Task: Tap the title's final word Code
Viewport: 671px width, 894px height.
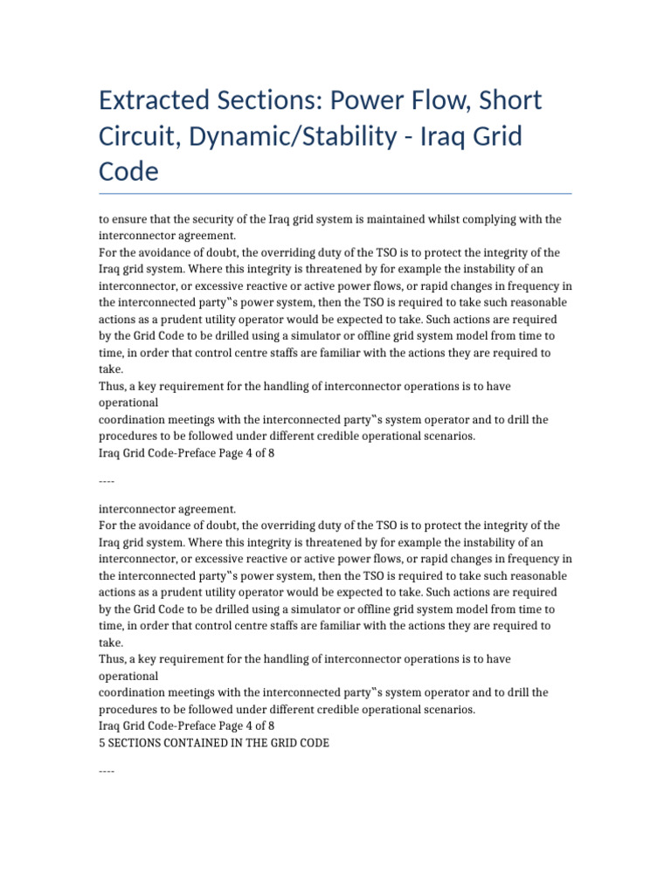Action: pyautogui.click(x=129, y=172)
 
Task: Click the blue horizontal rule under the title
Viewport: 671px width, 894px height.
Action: pyautogui.click(x=335, y=193)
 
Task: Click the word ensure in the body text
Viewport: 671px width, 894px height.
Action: pyautogui.click(x=128, y=218)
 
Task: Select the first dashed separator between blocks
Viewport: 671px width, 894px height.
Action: pyautogui.click(x=107, y=481)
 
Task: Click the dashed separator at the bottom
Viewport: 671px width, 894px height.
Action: pyautogui.click(x=107, y=771)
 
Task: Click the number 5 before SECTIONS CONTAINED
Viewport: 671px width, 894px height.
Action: pyautogui.click(x=102, y=743)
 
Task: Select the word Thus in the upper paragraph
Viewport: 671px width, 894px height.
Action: pyautogui.click(x=111, y=386)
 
